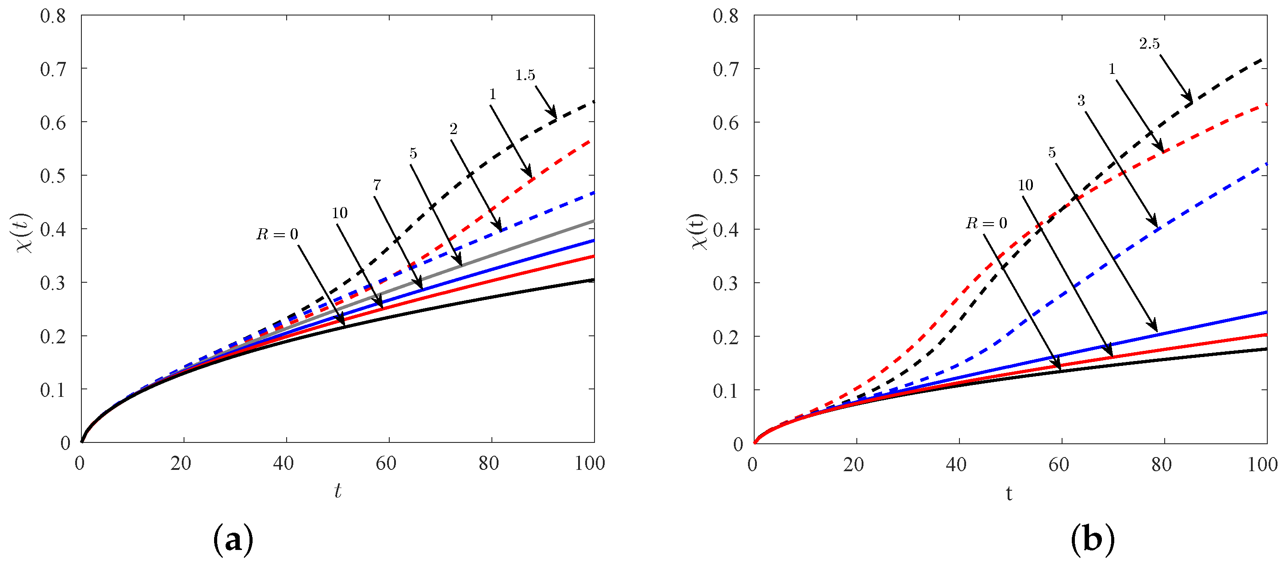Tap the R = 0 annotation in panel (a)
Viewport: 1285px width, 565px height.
[277, 234]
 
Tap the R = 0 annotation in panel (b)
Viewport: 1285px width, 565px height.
[986, 223]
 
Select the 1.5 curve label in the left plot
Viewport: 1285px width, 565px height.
[525, 75]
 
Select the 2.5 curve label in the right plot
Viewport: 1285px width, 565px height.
[1149, 44]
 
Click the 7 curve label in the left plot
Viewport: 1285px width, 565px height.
[377, 185]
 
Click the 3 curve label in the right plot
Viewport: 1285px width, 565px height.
[1081, 101]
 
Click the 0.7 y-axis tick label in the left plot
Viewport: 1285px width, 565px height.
[53, 69]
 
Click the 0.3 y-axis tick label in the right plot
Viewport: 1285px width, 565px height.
[725, 283]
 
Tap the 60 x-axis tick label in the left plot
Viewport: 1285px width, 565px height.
[386, 464]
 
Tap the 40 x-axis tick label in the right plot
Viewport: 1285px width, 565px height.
[956, 465]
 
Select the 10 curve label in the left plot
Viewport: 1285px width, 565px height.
[340, 213]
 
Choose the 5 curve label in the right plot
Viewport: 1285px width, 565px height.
[1052, 153]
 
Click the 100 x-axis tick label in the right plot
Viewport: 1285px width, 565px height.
[1262, 465]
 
